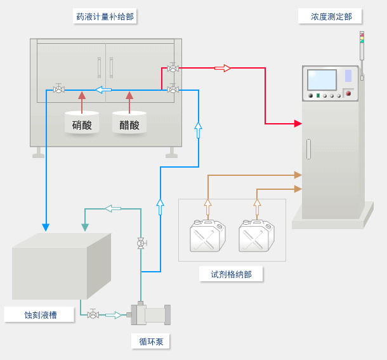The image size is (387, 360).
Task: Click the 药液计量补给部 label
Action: (x=105, y=17)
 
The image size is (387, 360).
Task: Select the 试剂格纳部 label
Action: (x=230, y=274)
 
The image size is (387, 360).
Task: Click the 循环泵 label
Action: (x=151, y=342)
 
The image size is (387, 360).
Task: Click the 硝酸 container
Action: (x=82, y=123)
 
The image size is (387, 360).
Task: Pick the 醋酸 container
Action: (x=129, y=123)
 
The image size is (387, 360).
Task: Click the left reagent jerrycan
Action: (x=207, y=236)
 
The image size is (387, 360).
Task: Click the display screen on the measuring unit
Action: (x=322, y=80)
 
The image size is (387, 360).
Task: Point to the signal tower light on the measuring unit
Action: (x=362, y=37)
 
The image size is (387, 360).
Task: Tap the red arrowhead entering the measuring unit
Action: (x=298, y=123)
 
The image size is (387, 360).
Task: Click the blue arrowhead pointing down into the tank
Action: (x=46, y=227)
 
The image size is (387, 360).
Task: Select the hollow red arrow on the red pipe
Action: (x=223, y=68)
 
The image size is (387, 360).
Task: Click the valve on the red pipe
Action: (x=173, y=68)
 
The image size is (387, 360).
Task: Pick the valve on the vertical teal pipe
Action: (x=141, y=243)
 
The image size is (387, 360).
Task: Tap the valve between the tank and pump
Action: (x=93, y=314)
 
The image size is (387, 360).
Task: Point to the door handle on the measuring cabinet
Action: (x=308, y=149)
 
